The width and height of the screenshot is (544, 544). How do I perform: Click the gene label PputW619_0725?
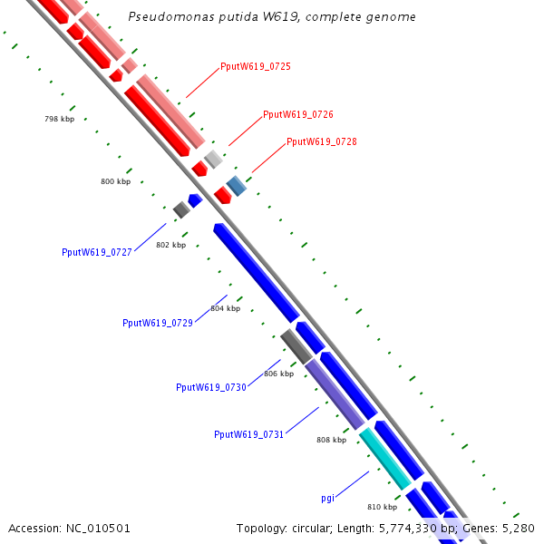(256, 67)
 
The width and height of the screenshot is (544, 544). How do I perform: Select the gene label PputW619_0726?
(298, 115)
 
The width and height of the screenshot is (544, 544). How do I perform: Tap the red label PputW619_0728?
(322, 141)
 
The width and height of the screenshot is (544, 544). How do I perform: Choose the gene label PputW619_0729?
(158, 323)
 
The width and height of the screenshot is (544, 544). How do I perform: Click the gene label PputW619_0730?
(211, 387)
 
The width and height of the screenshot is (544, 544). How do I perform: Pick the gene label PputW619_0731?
(249, 434)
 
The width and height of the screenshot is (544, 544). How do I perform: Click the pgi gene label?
(328, 498)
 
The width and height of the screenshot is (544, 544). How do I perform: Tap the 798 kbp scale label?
(60, 120)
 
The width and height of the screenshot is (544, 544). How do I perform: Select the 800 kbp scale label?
(115, 182)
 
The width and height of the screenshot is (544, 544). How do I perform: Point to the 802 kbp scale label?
(170, 245)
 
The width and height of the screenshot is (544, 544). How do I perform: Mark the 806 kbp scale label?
(278, 374)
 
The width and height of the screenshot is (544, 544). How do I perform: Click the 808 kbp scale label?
(331, 440)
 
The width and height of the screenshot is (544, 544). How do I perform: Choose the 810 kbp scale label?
(382, 507)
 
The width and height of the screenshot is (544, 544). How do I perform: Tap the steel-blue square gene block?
(236, 186)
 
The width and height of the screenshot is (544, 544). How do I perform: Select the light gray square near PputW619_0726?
(213, 160)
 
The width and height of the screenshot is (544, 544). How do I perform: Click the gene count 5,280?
(519, 528)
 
